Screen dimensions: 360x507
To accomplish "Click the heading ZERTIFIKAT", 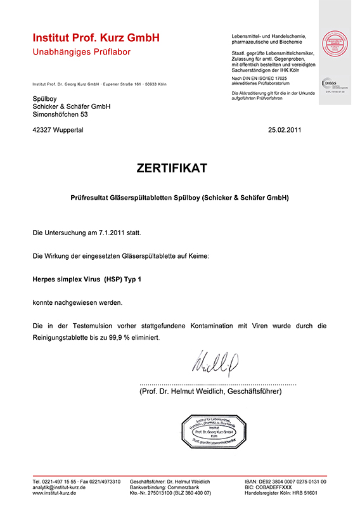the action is click(171, 169).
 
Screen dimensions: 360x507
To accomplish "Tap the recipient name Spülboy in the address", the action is click(44, 98).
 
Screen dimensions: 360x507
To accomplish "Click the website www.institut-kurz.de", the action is click(54, 493).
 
